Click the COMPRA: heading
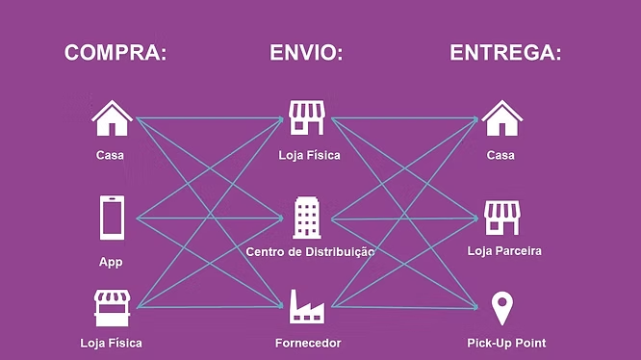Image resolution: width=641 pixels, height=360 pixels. (115, 53)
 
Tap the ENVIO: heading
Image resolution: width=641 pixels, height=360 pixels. (306, 53)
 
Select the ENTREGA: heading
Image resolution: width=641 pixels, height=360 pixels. (505, 53)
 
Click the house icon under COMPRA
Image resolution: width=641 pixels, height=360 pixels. (112, 118)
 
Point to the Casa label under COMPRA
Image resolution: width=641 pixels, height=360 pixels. (110, 155)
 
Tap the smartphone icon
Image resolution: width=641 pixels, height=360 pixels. (112, 218)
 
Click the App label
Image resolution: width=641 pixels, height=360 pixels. (111, 262)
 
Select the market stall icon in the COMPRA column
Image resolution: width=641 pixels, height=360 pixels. (112, 308)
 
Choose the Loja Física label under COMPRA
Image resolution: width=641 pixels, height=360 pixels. (112, 343)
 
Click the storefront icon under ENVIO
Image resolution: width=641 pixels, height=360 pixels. (307, 117)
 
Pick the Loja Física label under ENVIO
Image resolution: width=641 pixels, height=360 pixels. (310, 155)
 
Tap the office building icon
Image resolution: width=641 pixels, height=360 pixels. (307, 218)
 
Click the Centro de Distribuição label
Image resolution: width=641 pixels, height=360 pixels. (310, 252)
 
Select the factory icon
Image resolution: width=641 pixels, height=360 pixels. (307, 307)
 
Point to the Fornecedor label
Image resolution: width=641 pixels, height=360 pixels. (308, 343)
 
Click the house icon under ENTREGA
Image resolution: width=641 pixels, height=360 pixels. (502, 118)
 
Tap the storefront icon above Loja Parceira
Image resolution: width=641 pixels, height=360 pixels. (502, 218)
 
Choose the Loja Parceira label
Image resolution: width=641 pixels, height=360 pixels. (504, 251)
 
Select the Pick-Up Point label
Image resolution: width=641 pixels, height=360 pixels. (506, 343)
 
